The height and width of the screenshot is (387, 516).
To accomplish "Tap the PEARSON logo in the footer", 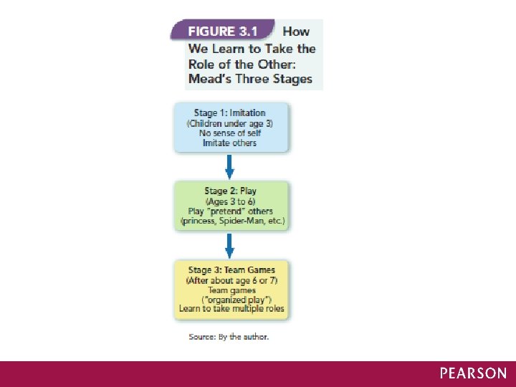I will point(473,373).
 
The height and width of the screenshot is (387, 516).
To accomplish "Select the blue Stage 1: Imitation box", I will point(231,128).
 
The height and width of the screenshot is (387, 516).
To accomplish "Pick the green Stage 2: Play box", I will point(231,206).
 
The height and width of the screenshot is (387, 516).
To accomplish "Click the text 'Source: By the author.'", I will point(229,336).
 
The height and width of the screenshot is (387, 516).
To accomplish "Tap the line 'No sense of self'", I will point(231,133).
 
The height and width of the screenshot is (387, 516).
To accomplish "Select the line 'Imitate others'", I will point(231,143).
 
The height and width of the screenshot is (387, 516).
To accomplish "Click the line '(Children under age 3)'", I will point(230,123).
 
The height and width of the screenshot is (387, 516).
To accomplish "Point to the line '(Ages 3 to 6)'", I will point(230,201).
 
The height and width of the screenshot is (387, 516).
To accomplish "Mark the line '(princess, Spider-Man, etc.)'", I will point(231,221).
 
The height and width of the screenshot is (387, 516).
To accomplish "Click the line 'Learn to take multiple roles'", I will point(231,310).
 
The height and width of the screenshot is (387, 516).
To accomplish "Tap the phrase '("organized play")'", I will point(231,300).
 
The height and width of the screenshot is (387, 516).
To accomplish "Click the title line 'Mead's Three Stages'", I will point(251,79).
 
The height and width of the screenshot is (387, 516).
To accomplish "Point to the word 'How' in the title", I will point(296,32).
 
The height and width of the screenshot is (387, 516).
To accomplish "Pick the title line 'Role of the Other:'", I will point(251,63).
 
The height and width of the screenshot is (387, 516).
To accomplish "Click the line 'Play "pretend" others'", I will point(231,211).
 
